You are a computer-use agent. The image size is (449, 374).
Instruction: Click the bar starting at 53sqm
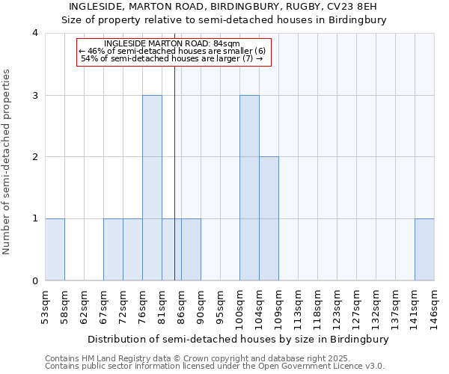tap(55, 250)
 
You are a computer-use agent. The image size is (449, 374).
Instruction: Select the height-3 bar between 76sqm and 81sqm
tap(152, 188)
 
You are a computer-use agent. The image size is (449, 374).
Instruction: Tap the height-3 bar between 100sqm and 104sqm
tap(249, 188)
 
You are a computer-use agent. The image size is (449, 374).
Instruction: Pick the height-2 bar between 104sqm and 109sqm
tap(269, 218)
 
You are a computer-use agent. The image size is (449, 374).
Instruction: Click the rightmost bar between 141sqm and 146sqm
tap(424, 250)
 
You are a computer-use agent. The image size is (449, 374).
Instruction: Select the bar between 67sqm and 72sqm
tap(113, 250)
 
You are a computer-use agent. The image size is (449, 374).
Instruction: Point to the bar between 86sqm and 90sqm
tap(191, 250)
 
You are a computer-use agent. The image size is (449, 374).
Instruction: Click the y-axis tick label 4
tap(35, 33)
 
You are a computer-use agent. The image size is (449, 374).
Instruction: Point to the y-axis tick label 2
tap(35, 157)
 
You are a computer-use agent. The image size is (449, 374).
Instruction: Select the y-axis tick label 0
tap(35, 281)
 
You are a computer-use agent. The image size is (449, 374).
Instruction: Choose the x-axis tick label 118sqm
tap(317, 307)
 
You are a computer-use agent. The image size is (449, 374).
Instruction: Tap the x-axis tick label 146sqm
tap(434, 307)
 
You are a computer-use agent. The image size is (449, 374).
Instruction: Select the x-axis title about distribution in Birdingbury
tap(239, 340)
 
